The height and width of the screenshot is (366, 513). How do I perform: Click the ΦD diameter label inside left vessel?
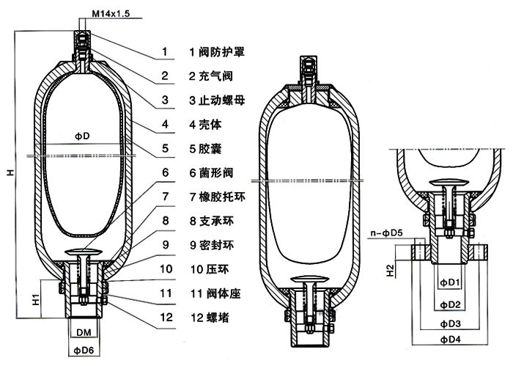[82, 137]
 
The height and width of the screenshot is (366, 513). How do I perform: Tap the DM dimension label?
[84, 332]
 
